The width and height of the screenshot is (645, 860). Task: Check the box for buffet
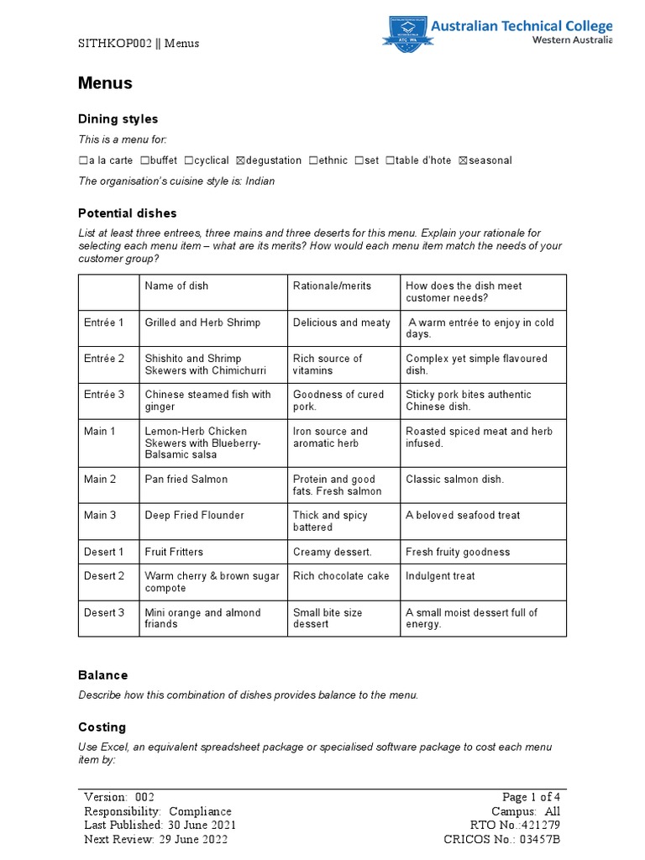coord(145,160)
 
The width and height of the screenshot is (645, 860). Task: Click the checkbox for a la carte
coord(82,160)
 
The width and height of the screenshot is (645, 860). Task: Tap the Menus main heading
coord(105,83)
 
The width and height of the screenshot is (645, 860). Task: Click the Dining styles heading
coord(118,119)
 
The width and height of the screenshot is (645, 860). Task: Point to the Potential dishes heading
coord(128,213)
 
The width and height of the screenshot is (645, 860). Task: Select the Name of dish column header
coord(176,286)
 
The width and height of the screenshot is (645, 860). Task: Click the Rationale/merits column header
coord(332,286)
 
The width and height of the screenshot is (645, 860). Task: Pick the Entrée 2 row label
coord(104,359)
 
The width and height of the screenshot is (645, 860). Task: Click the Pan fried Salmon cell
coord(186,480)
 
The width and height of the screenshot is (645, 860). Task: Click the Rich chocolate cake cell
coord(341,576)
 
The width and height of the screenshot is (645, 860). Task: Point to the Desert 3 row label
coord(104,613)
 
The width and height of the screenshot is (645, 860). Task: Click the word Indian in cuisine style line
coord(260,181)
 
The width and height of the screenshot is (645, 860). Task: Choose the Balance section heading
coord(102,675)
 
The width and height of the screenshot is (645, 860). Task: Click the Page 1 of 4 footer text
coord(530,797)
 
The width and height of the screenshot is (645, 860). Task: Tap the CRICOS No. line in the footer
coord(501,840)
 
